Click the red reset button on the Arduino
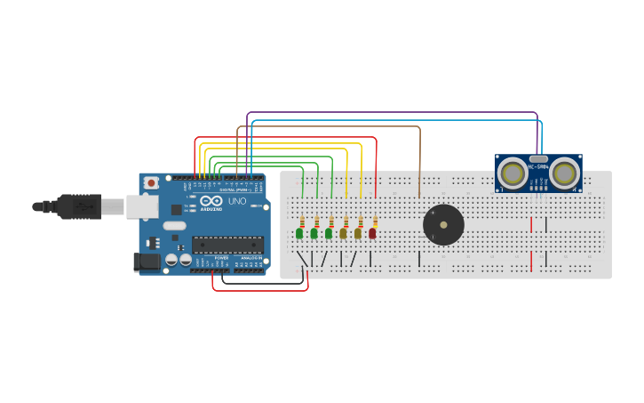151,182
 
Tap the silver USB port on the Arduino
141,206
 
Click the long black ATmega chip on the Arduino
227,245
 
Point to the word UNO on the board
237,201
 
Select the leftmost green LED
299,233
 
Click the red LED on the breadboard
372,233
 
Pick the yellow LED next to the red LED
358,233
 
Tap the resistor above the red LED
375,222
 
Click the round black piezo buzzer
443,225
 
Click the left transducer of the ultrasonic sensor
512,172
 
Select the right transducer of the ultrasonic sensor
565,172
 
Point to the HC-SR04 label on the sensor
538,166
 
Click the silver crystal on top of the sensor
538,157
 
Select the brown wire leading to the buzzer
419,160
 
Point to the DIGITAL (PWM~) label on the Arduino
235,189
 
